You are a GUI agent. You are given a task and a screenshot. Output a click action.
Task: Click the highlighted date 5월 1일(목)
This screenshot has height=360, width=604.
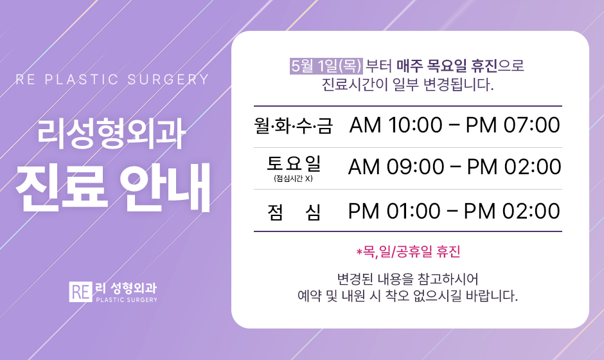coord(326,66)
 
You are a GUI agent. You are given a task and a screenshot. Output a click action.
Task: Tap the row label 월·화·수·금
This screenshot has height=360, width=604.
coord(294,126)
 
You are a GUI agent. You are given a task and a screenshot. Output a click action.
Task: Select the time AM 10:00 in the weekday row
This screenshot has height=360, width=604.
coord(396,125)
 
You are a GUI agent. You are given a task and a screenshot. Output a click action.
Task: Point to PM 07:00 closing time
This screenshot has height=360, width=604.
coord(513,125)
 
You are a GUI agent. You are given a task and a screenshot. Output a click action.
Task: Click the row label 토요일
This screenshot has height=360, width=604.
coord(294,163)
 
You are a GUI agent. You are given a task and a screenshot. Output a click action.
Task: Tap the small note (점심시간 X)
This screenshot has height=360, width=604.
coord(293,179)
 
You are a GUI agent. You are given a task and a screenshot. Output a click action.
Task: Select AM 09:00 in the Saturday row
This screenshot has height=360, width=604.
coord(396,167)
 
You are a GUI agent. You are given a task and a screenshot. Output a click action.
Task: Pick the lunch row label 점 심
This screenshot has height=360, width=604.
coord(294,212)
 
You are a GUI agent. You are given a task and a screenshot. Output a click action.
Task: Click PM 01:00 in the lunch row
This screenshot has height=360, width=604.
coord(394,212)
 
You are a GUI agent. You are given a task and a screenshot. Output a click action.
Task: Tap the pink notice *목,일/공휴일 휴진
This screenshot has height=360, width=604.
coord(408,252)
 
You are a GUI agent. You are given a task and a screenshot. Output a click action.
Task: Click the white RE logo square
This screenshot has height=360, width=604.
coord(80,292)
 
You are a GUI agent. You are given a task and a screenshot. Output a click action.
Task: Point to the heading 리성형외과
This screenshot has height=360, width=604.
coord(111,134)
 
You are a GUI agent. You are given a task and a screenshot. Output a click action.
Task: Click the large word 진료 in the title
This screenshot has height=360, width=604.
coord(62,188)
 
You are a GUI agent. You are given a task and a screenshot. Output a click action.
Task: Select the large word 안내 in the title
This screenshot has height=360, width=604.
coord(166,188)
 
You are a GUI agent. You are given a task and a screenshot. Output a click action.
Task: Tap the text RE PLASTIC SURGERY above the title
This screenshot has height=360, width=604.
coord(112,80)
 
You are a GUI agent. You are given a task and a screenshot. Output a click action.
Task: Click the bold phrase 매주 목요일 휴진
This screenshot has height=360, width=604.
coord(447,66)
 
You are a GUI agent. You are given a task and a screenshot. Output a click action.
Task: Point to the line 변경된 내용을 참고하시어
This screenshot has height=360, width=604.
coord(408,278)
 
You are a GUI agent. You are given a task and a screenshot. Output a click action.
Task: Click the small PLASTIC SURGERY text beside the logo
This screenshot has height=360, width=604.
coord(127,300)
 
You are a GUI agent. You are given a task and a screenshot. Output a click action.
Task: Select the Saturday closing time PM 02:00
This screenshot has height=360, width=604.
coord(514,167)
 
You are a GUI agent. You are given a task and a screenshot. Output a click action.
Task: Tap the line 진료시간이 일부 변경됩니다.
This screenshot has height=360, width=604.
coord(407,84)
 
